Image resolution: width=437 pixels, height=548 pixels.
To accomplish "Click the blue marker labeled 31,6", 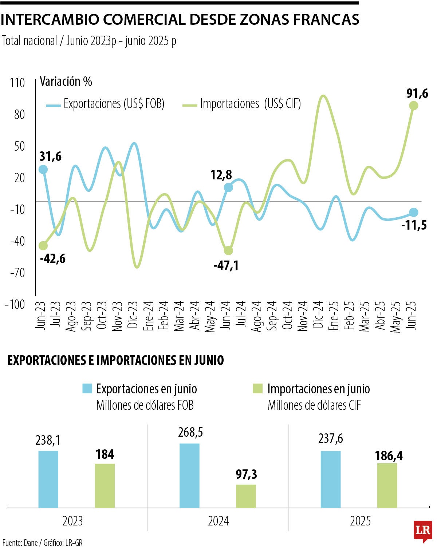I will coord(43,169).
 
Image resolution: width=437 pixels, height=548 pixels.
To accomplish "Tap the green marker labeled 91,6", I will coord(413,106).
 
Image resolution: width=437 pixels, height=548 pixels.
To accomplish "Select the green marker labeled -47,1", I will coord(228,250).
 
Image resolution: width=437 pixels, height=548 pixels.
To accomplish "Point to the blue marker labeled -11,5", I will coord(413,213).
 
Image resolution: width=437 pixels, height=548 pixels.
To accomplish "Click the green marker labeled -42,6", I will coord(43,246).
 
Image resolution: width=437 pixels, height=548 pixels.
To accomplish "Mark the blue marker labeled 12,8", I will coord(228,187).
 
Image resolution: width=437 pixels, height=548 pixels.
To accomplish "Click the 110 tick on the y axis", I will coord(17,83).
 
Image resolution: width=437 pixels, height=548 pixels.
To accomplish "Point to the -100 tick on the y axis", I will coord(15,304).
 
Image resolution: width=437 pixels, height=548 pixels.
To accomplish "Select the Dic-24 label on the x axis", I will coord(318,315).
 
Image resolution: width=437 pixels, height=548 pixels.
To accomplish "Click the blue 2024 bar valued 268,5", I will coord(189,475).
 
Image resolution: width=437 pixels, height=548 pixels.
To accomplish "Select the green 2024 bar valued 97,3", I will coord(246,496).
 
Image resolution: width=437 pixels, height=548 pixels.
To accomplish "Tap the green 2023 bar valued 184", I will coord(105,485).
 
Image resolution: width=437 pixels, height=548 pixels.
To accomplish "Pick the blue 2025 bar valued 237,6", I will coord(331,479).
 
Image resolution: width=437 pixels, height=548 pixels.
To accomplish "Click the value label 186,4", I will coord(389,456).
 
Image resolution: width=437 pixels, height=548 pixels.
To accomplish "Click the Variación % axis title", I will coord(66,82).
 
